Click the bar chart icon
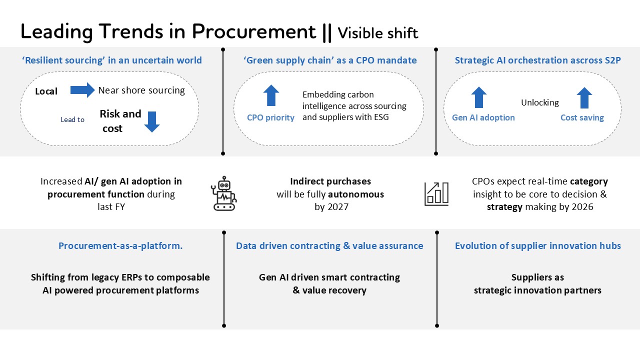click(x=436, y=193)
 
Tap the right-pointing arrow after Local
click(x=82, y=90)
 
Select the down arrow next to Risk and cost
click(x=151, y=121)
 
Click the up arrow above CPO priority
click(x=271, y=95)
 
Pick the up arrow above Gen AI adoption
click(x=478, y=97)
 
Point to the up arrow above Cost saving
click(x=584, y=97)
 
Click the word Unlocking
click(x=540, y=102)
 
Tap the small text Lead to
click(x=72, y=120)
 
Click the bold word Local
click(x=46, y=91)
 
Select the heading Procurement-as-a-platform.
click(x=120, y=246)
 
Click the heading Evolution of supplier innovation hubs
click(x=538, y=246)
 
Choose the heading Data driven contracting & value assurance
click(x=329, y=246)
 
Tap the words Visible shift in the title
click(x=378, y=33)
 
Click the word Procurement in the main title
click(x=254, y=32)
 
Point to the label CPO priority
click(x=270, y=118)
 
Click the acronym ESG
click(x=380, y=118)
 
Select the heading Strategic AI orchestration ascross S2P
click(x=537, y=60)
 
